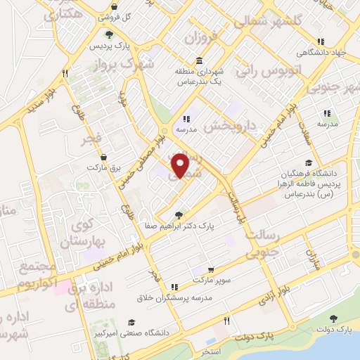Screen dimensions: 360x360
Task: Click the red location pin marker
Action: coord(181,165)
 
